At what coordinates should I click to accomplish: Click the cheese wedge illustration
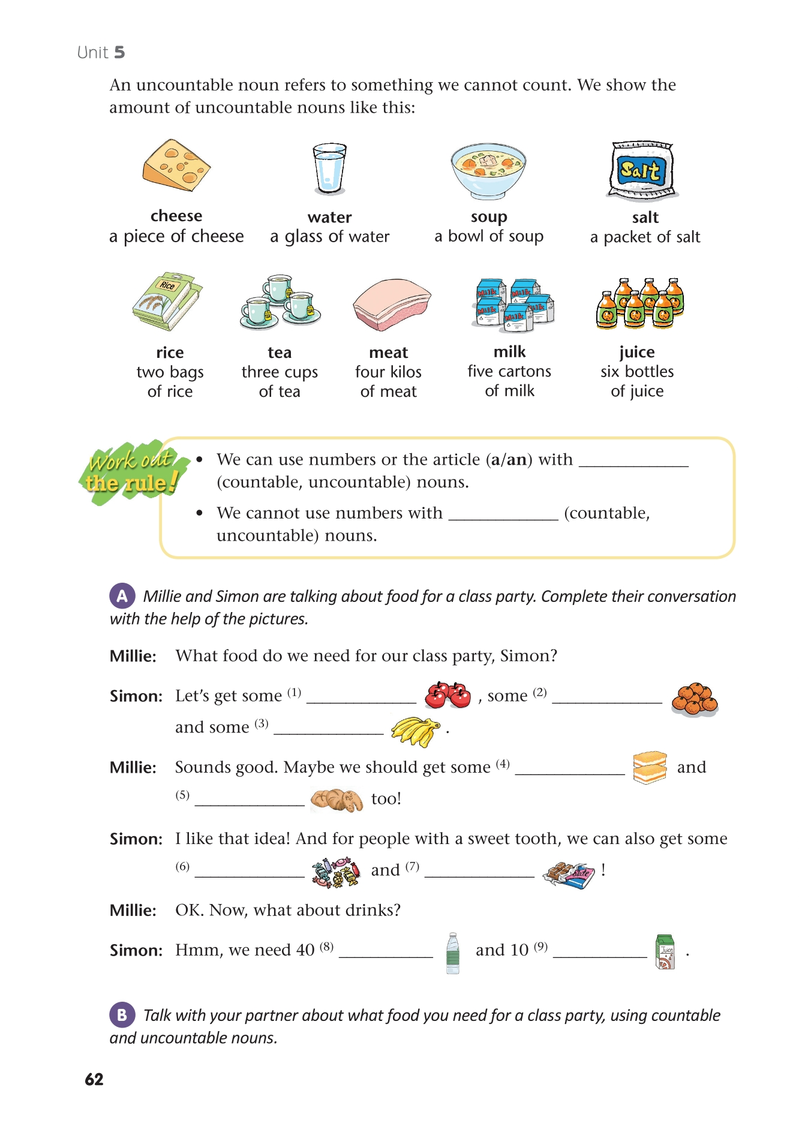pyautogui.click(x=176, y=165)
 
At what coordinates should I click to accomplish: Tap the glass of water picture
pyautogui.click(x=329, y=169)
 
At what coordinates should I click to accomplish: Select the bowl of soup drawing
pyautogui.click(x=488, y=171)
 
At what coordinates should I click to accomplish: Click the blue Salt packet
pyautogui.click(x=641, y=171)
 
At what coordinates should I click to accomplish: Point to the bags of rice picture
pyautogui.click(x=167, y=301)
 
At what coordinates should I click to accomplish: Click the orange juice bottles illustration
pyautogui.click(x=640, y=303)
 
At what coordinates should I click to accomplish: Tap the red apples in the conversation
pyautogui.click(x=447, y=695)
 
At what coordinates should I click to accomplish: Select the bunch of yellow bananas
pyautogui.click(x=415, y=731)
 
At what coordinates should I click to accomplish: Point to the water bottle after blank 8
pyautogui.click(x=453, y=953)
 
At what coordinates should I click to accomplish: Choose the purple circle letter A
pyautogui.click(x=122, y=596)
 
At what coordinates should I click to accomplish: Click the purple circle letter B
pyautogui.click(x=122, y=1015)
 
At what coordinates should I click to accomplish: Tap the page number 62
pyautogui.click(x=94, y=1079)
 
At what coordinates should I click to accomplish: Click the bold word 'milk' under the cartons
pyautogui.click(x=509, y=351)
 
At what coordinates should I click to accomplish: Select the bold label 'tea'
pyautogui.click(x=280, y=352)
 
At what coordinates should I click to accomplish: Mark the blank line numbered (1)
pyautogui.click(x=361, y=700)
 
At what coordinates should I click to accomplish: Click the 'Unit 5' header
pyautogui.click(x=101, y=53)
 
